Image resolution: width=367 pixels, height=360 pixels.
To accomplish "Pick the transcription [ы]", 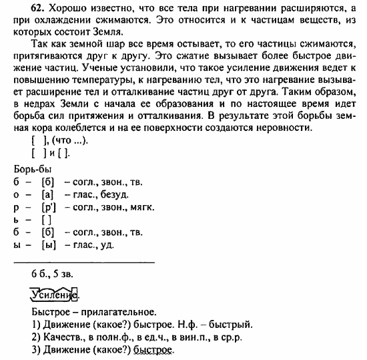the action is pyautogui.click(x=47, y=245).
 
